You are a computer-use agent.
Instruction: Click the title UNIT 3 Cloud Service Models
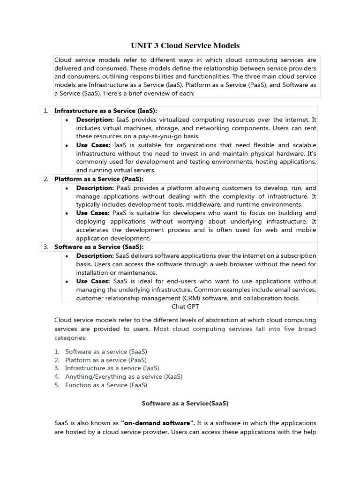[185, 45]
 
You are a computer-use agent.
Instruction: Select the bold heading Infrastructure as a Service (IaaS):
[105, 111]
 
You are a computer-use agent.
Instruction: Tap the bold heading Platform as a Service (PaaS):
[99, 179]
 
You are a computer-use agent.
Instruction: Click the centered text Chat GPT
[185, 307]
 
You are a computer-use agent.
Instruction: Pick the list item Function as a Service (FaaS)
[106, 385]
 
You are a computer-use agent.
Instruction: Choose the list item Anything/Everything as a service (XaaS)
[124, 376]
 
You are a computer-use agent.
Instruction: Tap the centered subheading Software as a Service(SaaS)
[185, 403]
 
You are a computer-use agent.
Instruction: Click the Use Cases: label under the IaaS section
[93, 145]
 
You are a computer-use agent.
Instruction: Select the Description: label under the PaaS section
[95, 187]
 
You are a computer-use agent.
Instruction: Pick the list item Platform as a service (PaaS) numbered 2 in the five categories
[106, 360]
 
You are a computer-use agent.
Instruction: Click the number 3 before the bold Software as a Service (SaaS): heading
[46, 247]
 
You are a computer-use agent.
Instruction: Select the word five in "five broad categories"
[284, 329]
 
